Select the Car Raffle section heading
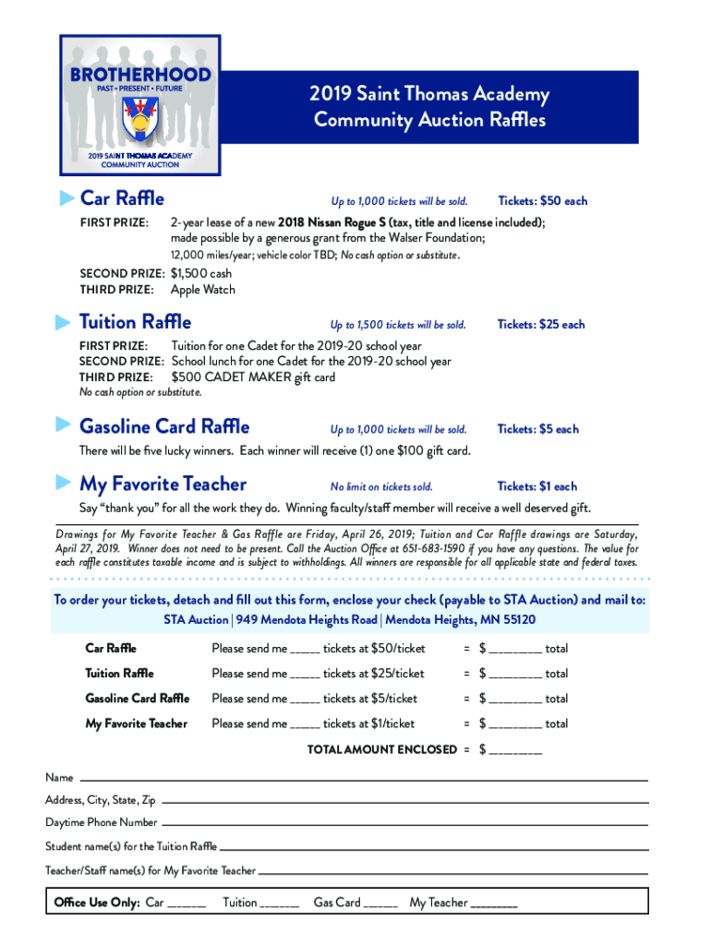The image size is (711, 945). coord(122,198)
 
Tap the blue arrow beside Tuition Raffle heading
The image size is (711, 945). coord(63,322)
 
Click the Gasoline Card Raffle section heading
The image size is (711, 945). coord(164,426)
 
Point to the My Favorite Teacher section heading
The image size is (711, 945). coord(163,484)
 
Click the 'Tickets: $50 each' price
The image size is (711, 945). coord(542,201)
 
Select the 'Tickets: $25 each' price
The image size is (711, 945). coord(541,325)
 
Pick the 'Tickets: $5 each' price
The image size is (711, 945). coord(537,429)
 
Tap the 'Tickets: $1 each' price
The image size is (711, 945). coord(536,486)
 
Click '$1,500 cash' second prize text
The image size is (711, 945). coord(202,274)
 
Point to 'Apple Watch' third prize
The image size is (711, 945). coord(203,290)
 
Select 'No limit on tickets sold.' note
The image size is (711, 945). coord(381,487)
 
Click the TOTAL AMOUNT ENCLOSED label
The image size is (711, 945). coord(381,749)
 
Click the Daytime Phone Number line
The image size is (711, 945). coord(404,822)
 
